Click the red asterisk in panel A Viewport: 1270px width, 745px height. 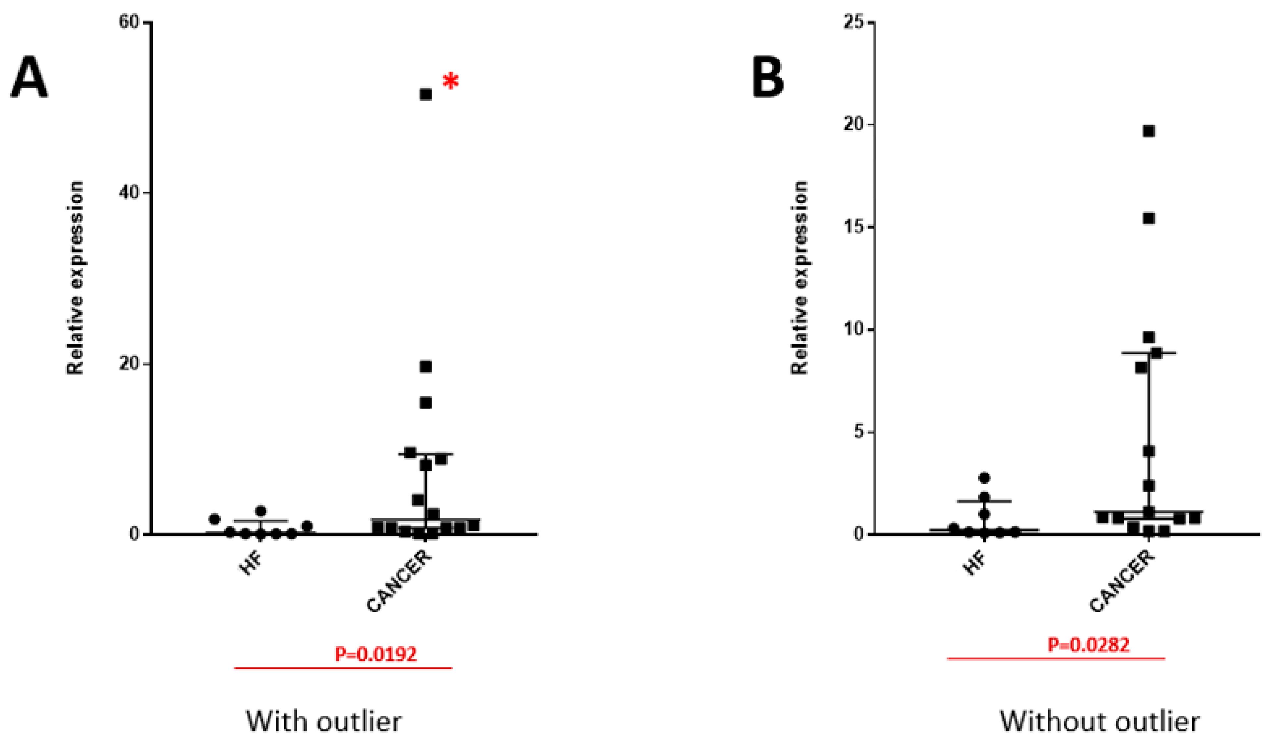coord(451,81)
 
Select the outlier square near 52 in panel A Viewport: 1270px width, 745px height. coord(426,94)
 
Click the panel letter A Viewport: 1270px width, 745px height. coord(29,79)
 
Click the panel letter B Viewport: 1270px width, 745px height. coord(768,79)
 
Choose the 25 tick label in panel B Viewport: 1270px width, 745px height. coord(853,23)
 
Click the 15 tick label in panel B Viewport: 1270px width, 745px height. coord(853,227)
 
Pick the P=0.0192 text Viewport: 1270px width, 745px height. coord(376,654)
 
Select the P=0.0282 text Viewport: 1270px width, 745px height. coord(1088,645)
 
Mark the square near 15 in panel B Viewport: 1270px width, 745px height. coord(1148,218)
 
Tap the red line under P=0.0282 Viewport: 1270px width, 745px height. coord(1056,658)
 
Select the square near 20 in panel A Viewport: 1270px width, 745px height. coord(426,367)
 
